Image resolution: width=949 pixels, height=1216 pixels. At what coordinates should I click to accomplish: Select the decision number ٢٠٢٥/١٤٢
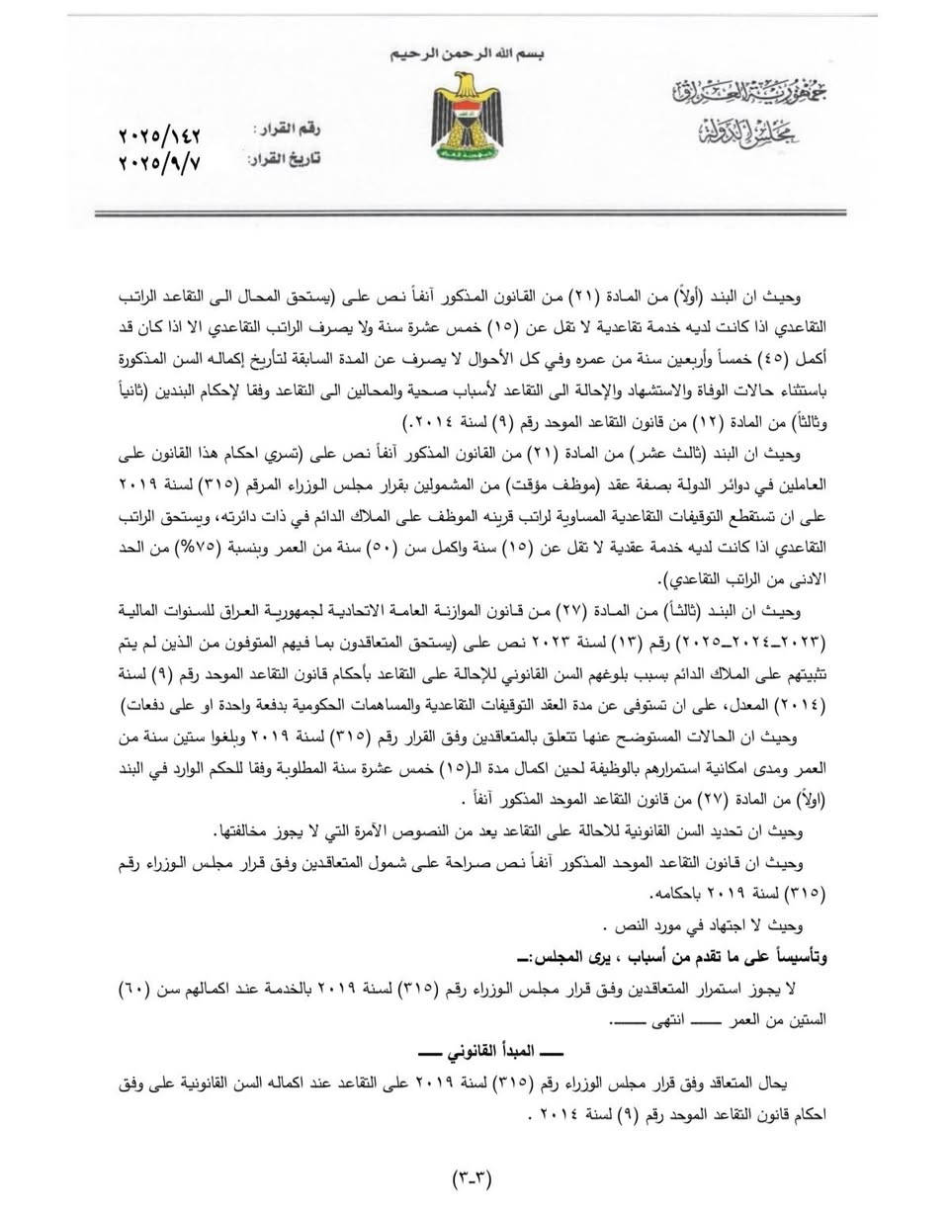(158, 131)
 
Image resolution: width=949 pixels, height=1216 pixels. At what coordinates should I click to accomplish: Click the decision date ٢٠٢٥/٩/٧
(158, 162)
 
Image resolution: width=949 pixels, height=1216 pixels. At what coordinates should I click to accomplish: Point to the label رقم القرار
(288, 130)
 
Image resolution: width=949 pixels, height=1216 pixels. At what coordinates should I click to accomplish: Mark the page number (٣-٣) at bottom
(473, 1177)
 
